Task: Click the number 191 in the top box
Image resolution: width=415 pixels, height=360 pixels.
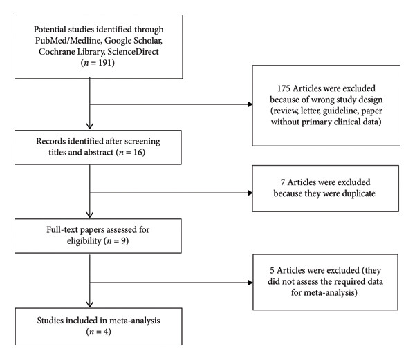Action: point(105,63)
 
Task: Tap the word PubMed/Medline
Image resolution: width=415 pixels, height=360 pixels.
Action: point(68,41)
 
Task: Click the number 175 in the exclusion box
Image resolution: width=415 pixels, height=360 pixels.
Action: point(284,88)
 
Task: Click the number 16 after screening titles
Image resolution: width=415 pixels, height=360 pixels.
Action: point(138,153)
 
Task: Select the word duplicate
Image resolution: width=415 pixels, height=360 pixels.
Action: point(358,193)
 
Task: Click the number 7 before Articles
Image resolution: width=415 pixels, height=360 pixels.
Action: point(283,182)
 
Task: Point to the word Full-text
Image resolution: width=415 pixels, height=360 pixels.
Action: point(62,229)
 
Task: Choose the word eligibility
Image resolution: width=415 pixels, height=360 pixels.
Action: point(84,241)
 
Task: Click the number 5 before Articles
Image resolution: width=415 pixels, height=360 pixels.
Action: point(272,271)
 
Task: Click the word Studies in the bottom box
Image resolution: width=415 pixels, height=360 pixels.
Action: point(50,321)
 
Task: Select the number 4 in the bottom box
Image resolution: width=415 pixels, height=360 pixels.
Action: point(107,332)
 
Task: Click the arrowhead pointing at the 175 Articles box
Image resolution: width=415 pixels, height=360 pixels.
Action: point(250,104)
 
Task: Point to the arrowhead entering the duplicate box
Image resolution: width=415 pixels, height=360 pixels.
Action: point(250,193)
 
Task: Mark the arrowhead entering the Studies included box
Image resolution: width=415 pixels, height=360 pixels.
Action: point(90,305)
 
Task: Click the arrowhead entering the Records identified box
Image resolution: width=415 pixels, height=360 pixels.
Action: point(90,126)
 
